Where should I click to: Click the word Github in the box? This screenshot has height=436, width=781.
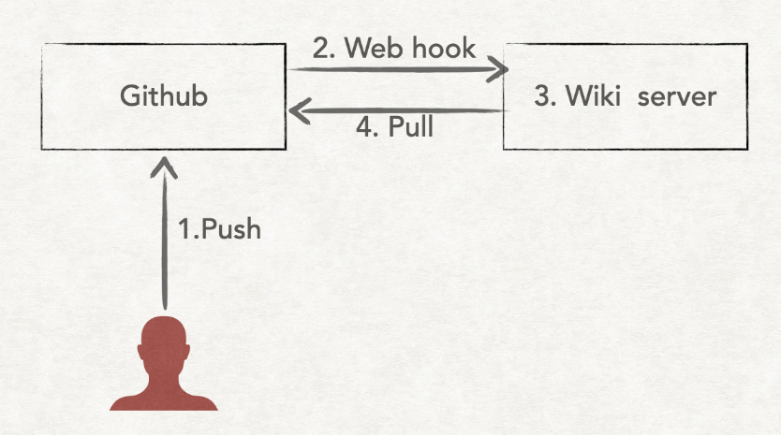pyautogui.click(x=164, y=95)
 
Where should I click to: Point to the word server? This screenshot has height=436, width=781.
pyautogui.click(x=677, y=95)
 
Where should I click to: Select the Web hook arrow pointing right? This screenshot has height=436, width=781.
pyautogui.click(x=393, y=69)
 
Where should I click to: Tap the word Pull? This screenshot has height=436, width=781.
pyautogui.click(x=411, y=127)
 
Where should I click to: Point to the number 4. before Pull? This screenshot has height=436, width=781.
pyautogui.click(x=367, y=127)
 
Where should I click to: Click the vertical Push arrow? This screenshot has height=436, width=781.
pyautogui.click(x=165, y=243)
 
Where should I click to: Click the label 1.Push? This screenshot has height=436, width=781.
pyautogui.click(x=219, y=228)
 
